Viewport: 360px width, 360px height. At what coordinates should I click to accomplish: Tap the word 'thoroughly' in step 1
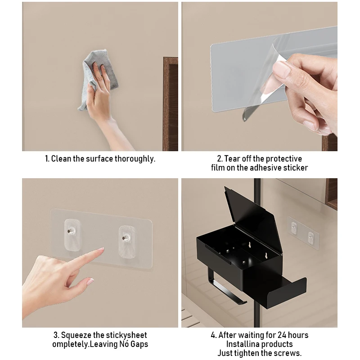pyautogui.click(x=135, y=159)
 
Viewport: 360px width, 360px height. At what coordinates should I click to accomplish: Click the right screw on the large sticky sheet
pyautogui.click(x=125, y=238)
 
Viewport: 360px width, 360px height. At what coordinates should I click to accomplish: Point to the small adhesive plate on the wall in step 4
pyautogui.click(x=303, y=233)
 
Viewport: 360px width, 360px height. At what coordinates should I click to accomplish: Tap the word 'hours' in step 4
pyautogui.click(x=299, y=335)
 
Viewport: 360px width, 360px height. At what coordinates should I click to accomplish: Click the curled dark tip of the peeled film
pyautogui.click(x=247, y=115)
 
